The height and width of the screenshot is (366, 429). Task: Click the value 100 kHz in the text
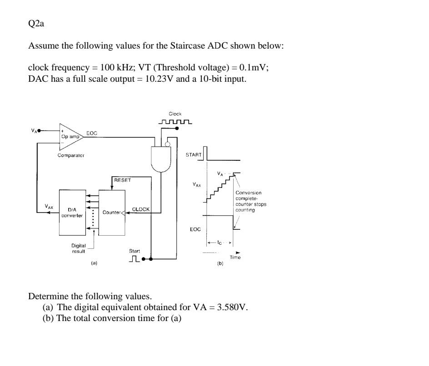pyautogui.click(x=111, y=68)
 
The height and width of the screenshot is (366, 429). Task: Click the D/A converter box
pyautogui.click(x=72, y=213)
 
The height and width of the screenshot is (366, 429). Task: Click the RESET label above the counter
pyautogui.click(x=122, y=180)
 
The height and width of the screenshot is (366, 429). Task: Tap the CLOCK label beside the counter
pyautogui.click(x=140, y=209)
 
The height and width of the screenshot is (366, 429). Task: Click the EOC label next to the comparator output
pyautogui.click(x=91, y=133)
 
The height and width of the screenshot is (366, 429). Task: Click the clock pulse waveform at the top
pyautogui.click(x=175, y=122)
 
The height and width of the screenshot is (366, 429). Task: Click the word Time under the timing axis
pyautogui.click(x=235, y=257)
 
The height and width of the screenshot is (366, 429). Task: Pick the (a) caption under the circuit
pyautogui.click(x=94, y=262)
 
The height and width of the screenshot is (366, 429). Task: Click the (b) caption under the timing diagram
pyautogui.click(x=220, y=263)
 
